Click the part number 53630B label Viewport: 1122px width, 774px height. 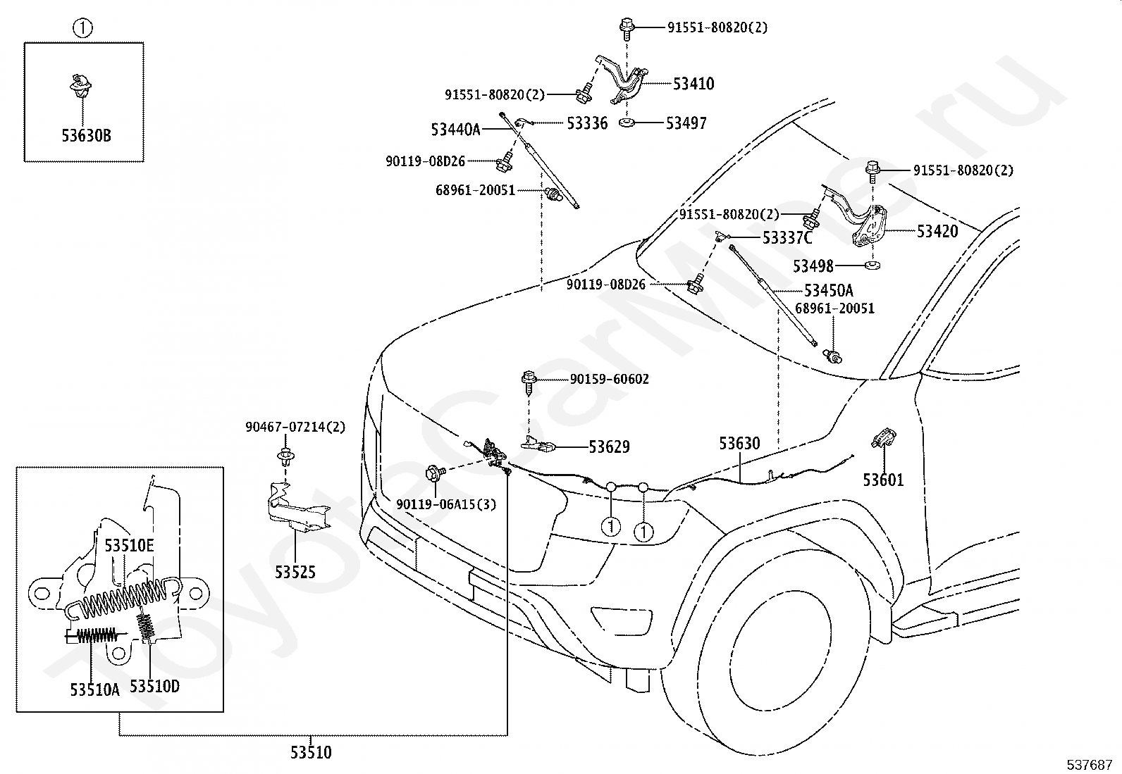[x=86, y=135]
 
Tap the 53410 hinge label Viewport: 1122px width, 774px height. [x=693, y=85]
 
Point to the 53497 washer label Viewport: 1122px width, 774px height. [x=686, y=124]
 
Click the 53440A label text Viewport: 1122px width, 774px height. [x=455, y=130]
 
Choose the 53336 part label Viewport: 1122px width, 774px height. [x=587, y=124]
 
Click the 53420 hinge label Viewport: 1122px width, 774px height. [x=937, y=231]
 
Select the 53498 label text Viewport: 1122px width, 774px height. [x=813, y=266]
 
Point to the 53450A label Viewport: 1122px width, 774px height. [x=829, y=290]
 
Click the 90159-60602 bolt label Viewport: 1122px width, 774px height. [x=610, y=379]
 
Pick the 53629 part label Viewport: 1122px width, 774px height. [x=610, y=447]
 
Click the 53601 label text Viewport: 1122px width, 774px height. [x=883, y=480]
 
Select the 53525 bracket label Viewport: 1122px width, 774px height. [x=295, y=572]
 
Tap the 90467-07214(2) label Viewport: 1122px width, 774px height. [x=295, y=427]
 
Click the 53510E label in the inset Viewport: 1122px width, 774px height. [x=129, y=545]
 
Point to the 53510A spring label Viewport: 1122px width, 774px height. [x=94, y=689]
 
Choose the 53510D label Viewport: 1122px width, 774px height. [x=154, y=685]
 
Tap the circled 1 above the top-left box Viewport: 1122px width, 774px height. [x=83, y=28]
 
